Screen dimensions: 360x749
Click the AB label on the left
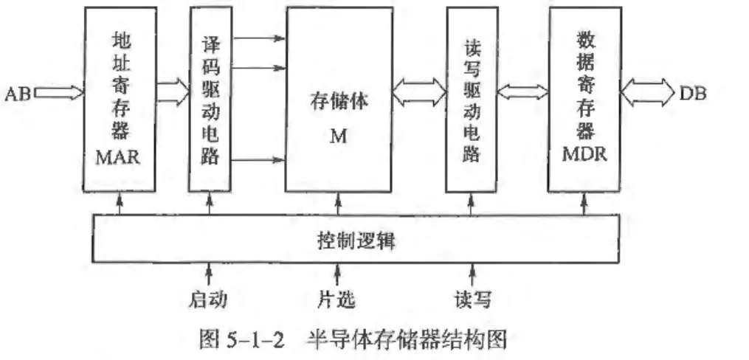coord(17,94)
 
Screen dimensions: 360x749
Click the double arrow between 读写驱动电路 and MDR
coord(522,91)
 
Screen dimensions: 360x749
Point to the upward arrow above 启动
coord(210,275)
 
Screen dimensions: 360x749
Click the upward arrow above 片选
coord(338,275)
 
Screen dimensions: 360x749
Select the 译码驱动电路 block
coord(210,100)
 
